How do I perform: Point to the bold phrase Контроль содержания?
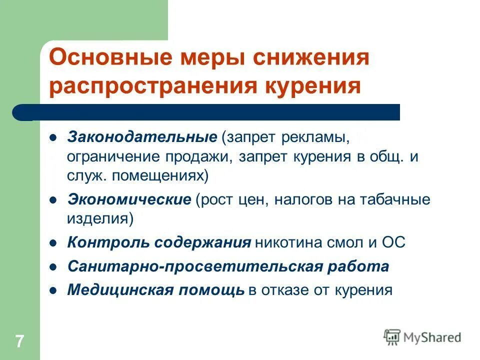coord(159,243)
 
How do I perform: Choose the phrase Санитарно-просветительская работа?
coord(228,266)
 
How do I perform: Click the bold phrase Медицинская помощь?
coord(156,289)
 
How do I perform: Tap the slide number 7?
coord(19,342)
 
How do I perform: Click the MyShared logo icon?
coord(392,337)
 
